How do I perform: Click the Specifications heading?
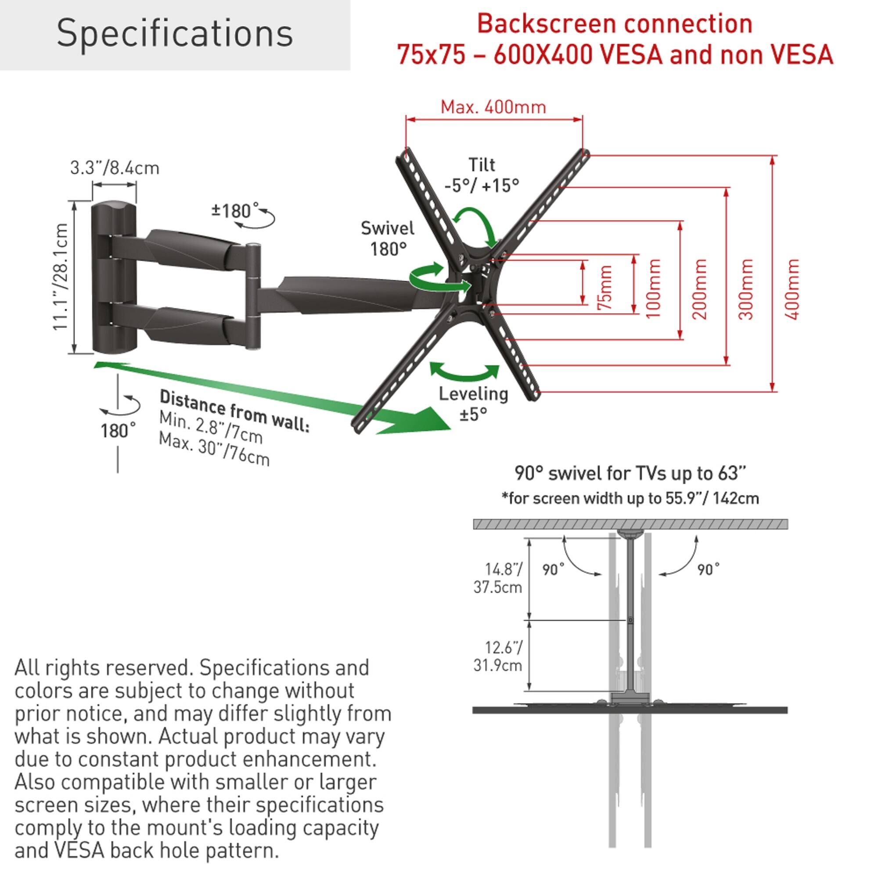click(x=175, y=34)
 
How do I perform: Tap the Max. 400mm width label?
click(x=493, y=108)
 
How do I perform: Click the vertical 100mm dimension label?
click(x=653, y=288)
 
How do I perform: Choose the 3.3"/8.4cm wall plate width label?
click(x=115, y=168)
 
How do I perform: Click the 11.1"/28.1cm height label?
click(x=60, y=277)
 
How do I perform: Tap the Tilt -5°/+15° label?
click(x=482, y=175)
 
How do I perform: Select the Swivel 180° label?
click(x=388, y=238)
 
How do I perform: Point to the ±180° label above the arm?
click(x=231, y=211)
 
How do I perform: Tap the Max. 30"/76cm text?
click(x=214, y=449)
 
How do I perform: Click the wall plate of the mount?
click(x=114, y=277)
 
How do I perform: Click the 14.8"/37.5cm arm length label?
click(x=498, y=578)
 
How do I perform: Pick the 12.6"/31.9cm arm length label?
click(x=498, y=656)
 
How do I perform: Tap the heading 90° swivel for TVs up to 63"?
click(x=630, y=474)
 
